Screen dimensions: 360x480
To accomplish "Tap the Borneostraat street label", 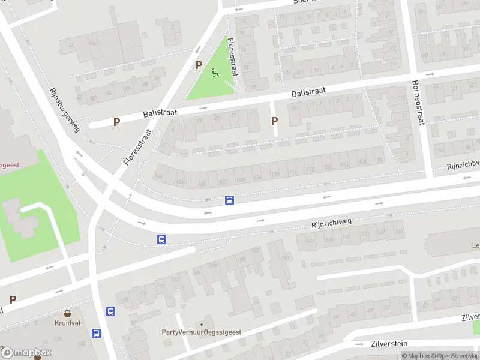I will coord(418,103).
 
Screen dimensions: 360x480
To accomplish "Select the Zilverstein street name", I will coord(389,343).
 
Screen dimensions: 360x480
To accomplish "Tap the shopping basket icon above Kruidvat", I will coord(67,313).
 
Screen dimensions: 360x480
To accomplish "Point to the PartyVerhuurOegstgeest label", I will coord(200,332).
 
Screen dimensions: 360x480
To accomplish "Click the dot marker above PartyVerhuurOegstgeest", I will coord(201,324).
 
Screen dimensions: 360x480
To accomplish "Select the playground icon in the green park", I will coord(216,74).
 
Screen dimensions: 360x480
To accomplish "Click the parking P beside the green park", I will coord(198,65).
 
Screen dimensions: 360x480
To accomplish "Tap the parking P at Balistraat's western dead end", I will coord(117,122).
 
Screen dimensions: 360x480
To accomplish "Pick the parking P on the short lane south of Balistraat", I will coord(275,121).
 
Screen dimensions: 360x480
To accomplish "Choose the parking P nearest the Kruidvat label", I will coord(13,299).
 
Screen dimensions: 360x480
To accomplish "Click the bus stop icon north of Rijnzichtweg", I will coord(229,200).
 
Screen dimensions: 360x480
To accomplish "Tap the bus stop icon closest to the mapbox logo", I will coord(96,332).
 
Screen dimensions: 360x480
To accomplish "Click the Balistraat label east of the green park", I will coord(308,92).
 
